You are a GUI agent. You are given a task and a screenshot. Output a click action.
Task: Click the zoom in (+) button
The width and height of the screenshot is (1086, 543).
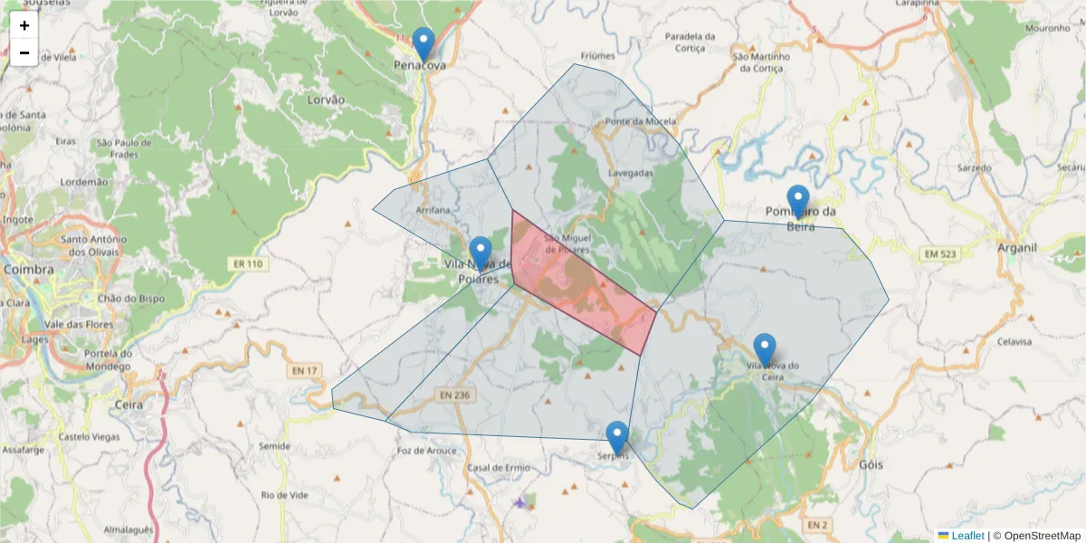click(x=24, y=25)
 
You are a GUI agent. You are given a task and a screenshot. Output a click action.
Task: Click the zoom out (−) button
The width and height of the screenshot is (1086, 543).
click(x=24, y=52)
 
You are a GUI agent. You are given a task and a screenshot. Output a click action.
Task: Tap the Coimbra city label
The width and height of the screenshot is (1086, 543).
click(x=29, y=269)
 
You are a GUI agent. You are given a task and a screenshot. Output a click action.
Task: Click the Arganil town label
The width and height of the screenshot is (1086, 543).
click(x=1015, y=247)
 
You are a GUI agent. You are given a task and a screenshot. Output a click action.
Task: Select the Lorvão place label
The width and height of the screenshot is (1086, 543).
click(x=326, y=100)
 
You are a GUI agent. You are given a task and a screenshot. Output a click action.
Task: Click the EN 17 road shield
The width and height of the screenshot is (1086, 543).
click(x=305, y=370)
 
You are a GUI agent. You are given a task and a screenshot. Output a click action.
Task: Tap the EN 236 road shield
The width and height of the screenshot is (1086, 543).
click(x=454, y=395)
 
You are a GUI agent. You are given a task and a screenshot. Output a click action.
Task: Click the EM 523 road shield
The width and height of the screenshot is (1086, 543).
click(x=941, y=254)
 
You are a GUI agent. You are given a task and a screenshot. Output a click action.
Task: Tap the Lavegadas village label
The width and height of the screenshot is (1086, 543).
click(x=631, y=172)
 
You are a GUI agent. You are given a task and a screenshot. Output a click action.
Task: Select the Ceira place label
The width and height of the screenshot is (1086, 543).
click(x=129, y=405)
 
